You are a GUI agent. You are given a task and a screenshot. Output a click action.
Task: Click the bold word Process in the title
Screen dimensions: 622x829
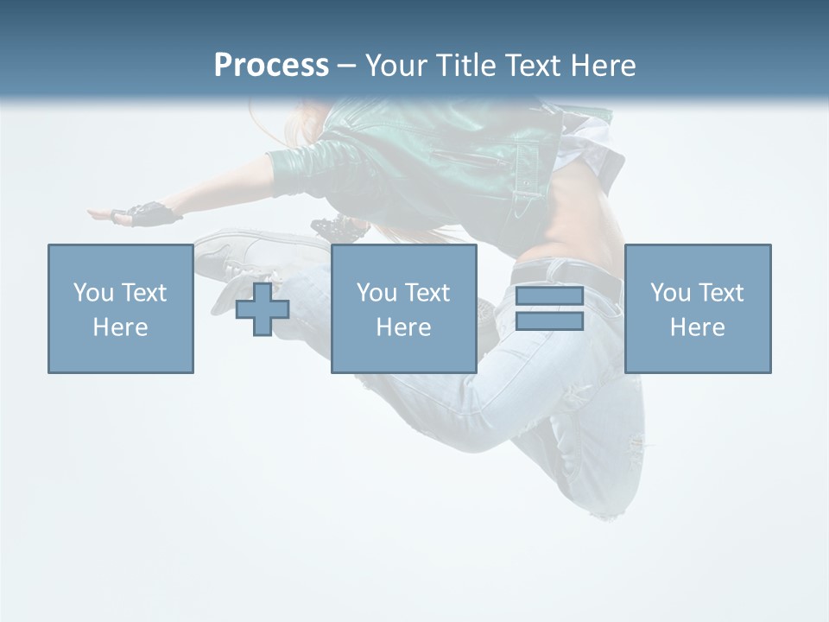pos(271,66)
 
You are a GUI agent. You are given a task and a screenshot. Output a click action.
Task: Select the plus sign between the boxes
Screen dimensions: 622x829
pos(263,309)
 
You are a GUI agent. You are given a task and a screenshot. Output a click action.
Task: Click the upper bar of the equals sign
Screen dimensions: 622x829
pos(549,296)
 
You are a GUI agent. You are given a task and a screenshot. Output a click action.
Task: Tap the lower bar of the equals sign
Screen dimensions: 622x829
pos(549,321)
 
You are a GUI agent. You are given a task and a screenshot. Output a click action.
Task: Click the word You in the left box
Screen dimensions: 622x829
pos(93,293)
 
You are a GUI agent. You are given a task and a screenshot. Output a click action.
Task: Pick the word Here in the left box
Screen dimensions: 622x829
pos(120,327)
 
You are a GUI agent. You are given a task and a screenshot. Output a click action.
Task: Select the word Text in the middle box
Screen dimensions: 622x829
pos(427,293)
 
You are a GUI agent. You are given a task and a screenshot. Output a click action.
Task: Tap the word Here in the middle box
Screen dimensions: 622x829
pos(403,327)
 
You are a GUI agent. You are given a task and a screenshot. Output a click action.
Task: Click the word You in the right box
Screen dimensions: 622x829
pos(670,293)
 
